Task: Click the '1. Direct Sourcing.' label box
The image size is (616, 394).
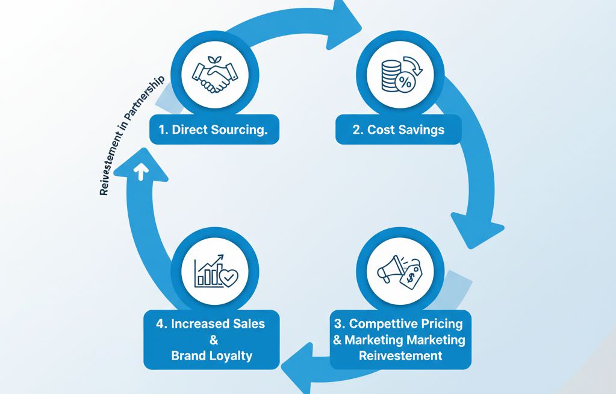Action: point(214,130)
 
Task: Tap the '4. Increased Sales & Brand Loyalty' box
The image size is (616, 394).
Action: point(211,339)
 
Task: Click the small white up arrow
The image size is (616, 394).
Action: point(142,172)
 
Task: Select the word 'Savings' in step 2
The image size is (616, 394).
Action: point(423,130)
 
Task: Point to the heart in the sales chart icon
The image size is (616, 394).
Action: point(229,278)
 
